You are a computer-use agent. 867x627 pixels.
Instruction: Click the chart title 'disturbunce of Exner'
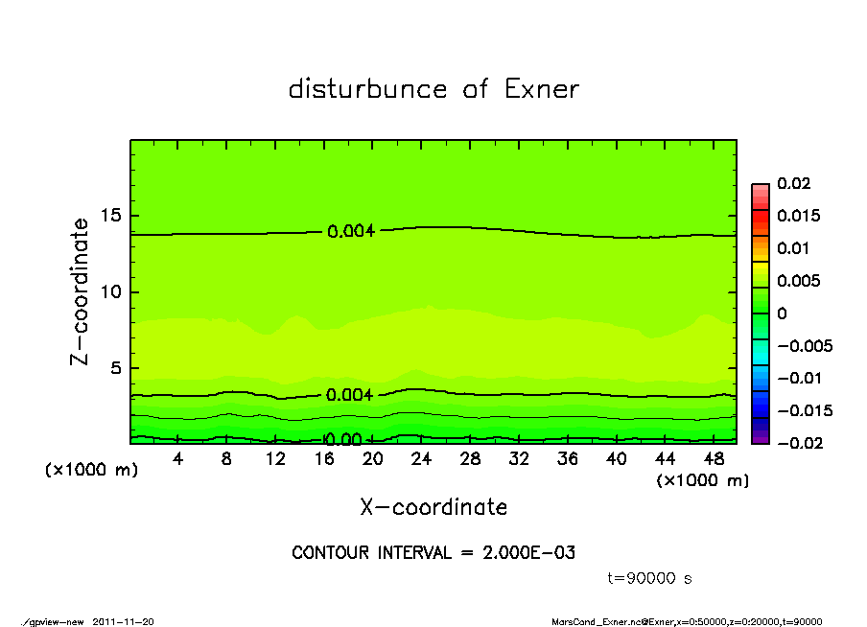[x=433, y=89]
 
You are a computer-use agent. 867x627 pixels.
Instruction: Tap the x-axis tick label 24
[x=421, y=459]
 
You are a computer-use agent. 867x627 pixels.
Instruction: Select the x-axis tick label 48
[x=713, y=459]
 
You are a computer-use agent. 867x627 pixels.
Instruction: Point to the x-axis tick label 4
[x=178, y=459]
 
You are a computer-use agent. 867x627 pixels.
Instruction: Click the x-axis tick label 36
[x=567, y=459]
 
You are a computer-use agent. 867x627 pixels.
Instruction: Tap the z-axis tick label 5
[x=118, y=368]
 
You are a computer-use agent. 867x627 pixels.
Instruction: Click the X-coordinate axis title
[x=433, y=507]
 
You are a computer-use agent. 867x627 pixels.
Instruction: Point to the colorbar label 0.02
[x=794, y=183]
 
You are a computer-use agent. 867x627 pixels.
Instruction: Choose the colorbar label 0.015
[x=798, y=216]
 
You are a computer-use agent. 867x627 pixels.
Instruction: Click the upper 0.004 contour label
[x=350, y=231]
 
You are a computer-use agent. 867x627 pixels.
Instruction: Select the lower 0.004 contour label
[x=350, y=395]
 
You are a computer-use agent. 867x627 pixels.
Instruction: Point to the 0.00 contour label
[x=342, y=440]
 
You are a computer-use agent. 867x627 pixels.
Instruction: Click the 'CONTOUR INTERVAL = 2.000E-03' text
[x=433, y=552]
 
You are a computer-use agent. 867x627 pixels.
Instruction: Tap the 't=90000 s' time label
[x=649, y=578]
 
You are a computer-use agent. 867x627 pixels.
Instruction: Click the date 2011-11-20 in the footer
[x=124, y=621]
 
